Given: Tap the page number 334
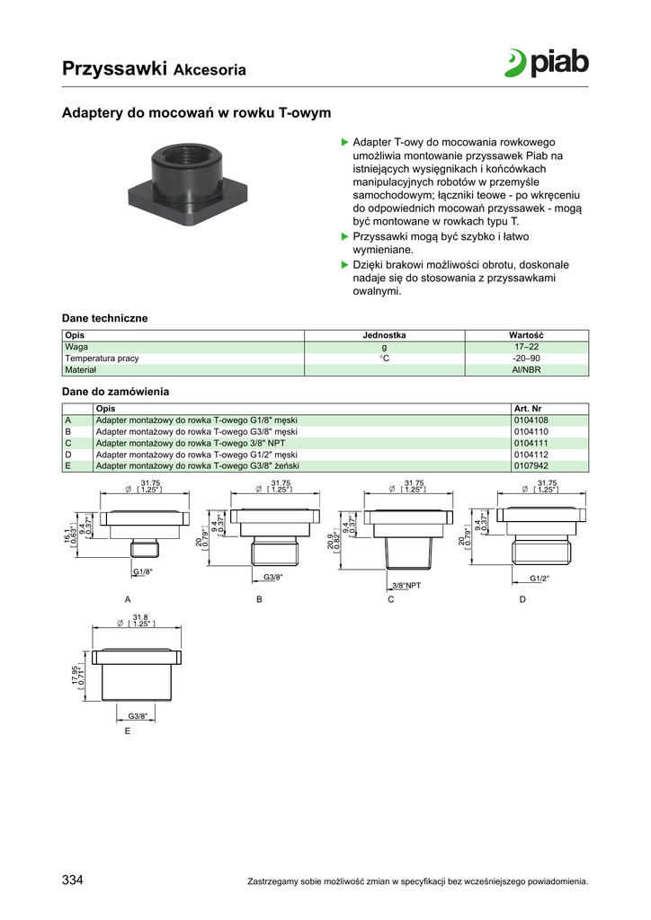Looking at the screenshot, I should click(x=73, y=880).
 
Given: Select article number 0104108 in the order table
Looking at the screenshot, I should click(x=531, y=420).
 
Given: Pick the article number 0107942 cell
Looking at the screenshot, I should click(x=531, y=466).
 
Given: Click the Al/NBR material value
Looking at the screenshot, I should click(x=526, y=369).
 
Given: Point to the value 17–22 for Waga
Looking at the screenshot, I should click(x=526, y=346).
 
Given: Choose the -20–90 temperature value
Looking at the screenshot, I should click(x=526, y=358).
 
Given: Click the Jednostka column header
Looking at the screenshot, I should click(x=384, y=335).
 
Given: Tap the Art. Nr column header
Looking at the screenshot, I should click(x=527, y=408).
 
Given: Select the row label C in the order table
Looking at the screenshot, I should click(x=67, y=443).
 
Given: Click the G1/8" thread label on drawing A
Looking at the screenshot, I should click(x=143, y=572).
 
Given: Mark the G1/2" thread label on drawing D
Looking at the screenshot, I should click(x=540, y=578).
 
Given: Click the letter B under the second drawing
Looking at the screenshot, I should click(x=259, y=599).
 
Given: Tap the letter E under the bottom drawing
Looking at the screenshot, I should click(x=127, y=731).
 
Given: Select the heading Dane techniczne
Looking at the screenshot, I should click(x=104, y=318).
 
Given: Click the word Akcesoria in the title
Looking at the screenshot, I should click(x=210, y=69).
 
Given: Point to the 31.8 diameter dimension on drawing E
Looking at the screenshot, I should click(x=139, y=617).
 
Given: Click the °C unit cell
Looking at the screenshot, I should click(x=384, y=358).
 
